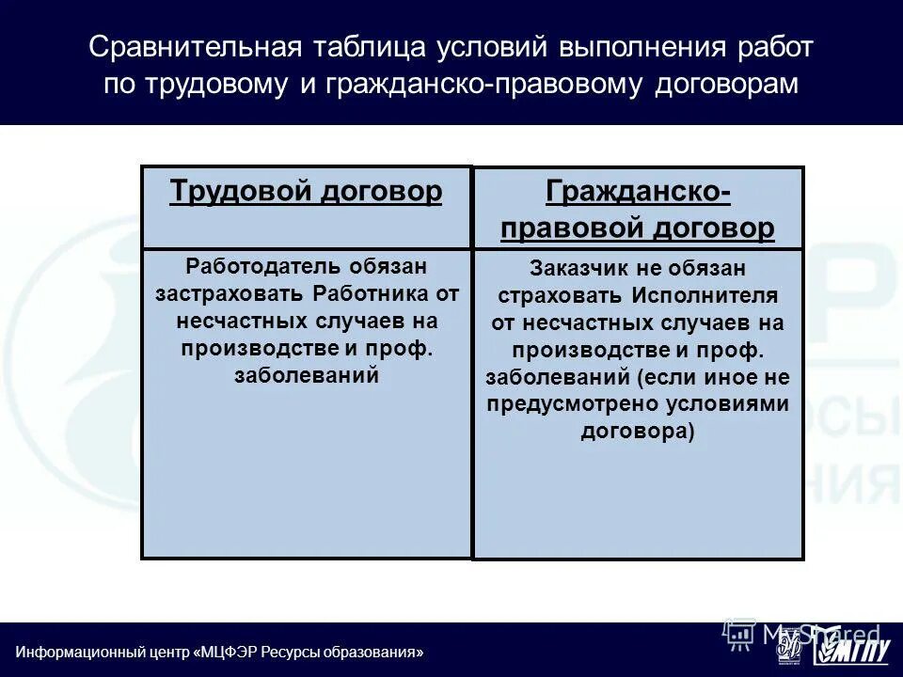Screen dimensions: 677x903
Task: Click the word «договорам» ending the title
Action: pos(725,85)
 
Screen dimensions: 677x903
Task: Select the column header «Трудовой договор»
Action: pos(306,192)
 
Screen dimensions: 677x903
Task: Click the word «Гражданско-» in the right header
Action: pos(638,192)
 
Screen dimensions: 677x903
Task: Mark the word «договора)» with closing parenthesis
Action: pos(638,433)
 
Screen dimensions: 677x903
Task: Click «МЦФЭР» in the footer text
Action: pos(229,653)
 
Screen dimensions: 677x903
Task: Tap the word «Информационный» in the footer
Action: pos(73,653)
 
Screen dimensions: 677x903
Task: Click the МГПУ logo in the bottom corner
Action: pos(852,649)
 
